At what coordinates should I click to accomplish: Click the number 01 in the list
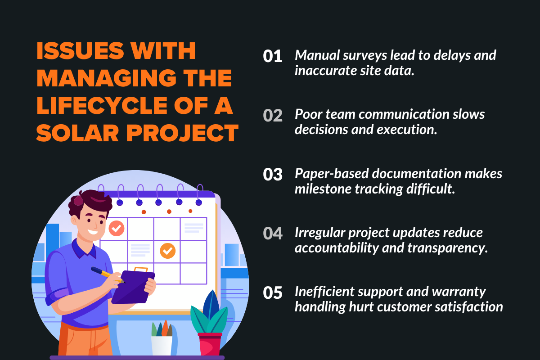(x=273, y=57)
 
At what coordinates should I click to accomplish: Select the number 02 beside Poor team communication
(x=273, y=116)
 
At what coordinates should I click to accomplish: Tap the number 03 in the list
(x=273, y=175)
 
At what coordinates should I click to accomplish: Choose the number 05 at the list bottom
(x=273, y=293)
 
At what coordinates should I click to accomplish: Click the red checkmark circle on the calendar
(x=117, y=228)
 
